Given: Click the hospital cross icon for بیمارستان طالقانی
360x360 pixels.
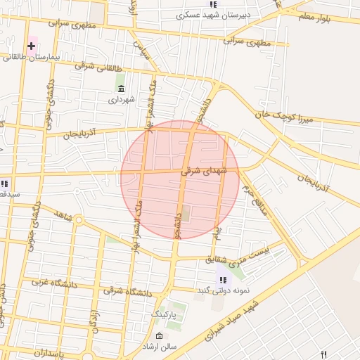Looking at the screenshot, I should (32, 46).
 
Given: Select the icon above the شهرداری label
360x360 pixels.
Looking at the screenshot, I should (121, 89).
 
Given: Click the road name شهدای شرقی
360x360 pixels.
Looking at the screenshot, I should (205, 170).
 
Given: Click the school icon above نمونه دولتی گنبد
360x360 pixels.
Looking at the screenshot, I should (223, 280).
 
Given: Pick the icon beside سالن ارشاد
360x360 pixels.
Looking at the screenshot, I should (159, 335).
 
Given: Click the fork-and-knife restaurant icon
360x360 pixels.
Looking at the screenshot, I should (324, 354).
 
